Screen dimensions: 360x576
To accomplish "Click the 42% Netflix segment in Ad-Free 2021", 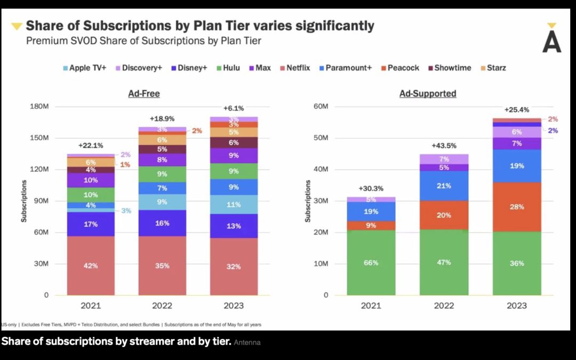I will (91, 266).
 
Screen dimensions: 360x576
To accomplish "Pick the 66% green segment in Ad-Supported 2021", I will (371, 262).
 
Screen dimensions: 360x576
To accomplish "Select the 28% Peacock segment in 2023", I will (516, 207).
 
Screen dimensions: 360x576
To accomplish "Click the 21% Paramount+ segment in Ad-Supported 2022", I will (444, 186).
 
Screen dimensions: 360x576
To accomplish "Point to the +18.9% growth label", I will (163, 119).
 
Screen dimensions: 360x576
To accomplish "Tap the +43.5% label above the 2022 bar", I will (444, 146).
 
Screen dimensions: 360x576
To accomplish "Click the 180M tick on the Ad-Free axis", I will (39, 107).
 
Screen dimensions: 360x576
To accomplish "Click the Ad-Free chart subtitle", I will (144, 94).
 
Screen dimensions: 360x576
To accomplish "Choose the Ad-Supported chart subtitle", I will (428, 94).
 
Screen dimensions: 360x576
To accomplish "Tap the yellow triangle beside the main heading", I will (17, 26).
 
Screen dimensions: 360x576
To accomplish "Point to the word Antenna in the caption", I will (247, 342).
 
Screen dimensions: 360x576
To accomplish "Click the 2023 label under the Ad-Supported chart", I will (516, 306).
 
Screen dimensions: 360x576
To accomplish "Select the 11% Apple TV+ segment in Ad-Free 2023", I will (234, 204).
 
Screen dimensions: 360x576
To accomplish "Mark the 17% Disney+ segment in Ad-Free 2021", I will (91, 224).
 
